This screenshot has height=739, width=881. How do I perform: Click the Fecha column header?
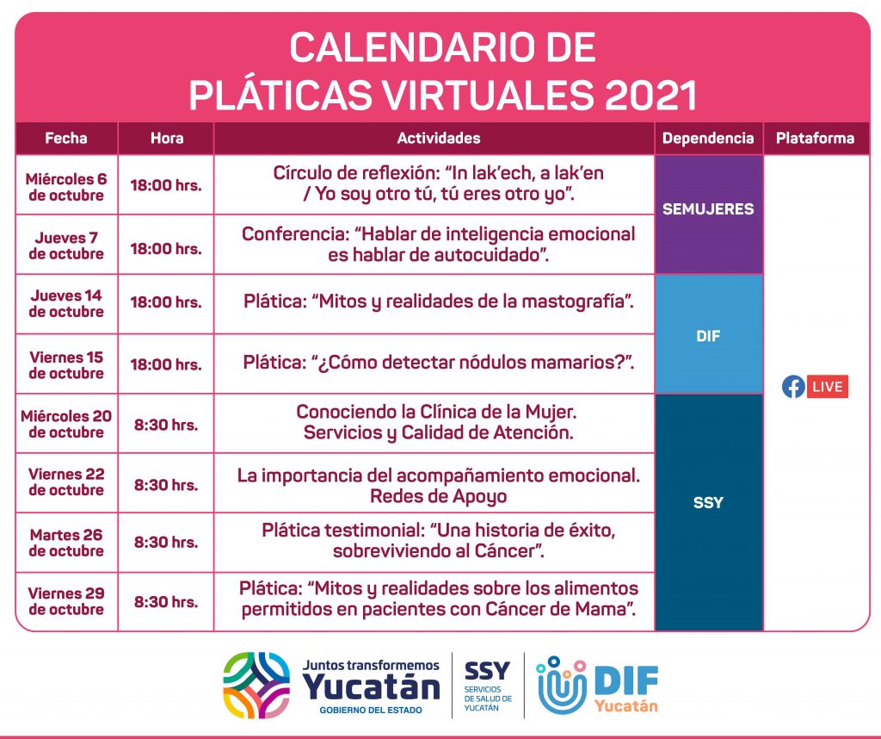click(65, 139)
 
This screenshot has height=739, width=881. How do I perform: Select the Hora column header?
click(167, 139)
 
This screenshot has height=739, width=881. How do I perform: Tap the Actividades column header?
click(438, 139)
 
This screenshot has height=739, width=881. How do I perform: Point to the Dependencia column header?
click(708, 139)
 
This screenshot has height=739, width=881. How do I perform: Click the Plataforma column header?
click(815, 139)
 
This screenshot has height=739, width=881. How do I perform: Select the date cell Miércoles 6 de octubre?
click(66, 187)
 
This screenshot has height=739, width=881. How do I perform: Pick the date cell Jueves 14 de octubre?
click(66, 304)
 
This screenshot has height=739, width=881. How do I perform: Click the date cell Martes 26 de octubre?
click(66, 543)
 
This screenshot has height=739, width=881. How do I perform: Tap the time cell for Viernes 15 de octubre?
click(166, 364)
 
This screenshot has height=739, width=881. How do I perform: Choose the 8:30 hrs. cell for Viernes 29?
click(166, 602)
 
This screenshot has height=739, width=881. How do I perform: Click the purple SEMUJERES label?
click(708, 209)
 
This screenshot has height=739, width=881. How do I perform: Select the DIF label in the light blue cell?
click(708, 336)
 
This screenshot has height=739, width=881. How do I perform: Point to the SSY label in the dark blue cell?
click(708, 502)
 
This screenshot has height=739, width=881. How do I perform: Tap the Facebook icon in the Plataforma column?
click(793, 387)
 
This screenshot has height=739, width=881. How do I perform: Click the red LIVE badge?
click(828, 387)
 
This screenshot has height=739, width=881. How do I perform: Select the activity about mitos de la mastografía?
click(438, 302)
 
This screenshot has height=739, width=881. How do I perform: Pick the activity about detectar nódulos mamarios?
click(438, 363)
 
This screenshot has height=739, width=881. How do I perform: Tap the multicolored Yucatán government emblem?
click(256, 685)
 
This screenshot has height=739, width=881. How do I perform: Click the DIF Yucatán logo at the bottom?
click(598, 685)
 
